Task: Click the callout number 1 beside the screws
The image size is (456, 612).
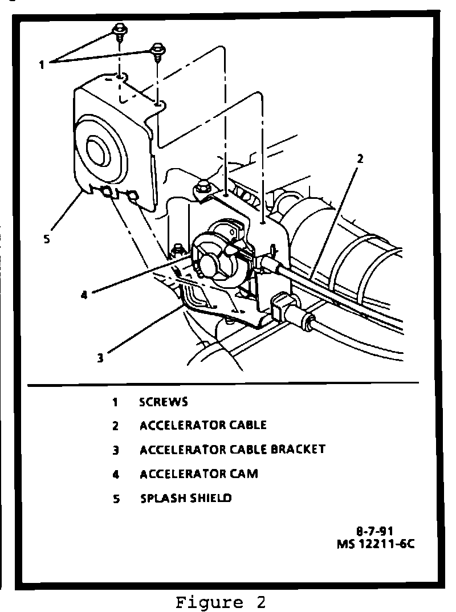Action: pos(42,64)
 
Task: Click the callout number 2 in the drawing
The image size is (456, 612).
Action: pos(360,159)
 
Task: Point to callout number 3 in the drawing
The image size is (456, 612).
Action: pos(100,358)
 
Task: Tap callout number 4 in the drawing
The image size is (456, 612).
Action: pos(84,296)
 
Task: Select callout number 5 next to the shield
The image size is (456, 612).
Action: pos(47,239)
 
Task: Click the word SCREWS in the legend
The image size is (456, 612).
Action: pos(164,402)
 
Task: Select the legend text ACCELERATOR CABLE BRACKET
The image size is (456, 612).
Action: pos(233,450)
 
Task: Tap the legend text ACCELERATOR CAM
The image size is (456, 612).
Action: pos(199,474)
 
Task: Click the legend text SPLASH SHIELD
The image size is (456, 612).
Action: pos(186,498)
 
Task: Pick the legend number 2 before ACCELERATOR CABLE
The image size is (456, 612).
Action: pos(115,426)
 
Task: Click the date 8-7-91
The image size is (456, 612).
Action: pos(374,532)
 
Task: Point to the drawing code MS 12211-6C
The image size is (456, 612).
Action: pos(374,544)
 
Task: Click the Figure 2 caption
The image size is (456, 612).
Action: pos(220,602)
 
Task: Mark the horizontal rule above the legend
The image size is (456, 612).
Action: pos(222,383)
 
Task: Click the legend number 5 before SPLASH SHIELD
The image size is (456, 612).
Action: pos(115,499)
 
